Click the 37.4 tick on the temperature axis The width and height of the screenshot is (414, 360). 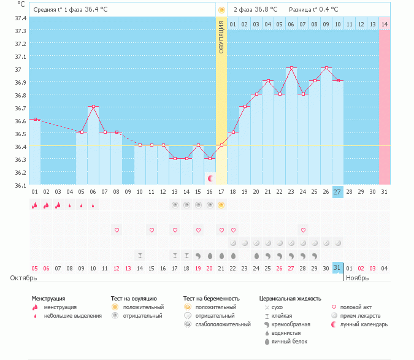click(21, 18)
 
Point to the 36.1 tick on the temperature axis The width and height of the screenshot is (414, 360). click(21, 185)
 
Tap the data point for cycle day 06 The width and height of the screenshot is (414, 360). click(94, 107)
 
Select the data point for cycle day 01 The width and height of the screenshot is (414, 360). click(35, 119)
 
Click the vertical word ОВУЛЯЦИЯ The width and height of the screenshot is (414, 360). click(221, 37)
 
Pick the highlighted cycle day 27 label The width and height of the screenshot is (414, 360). click(338, 192)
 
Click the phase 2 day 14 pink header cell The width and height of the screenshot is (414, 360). click(385, 24)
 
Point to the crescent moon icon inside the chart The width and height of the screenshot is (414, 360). click(211, 178)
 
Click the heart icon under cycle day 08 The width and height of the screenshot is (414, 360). click(117, 230)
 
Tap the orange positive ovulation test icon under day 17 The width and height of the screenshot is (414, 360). click(221, 205)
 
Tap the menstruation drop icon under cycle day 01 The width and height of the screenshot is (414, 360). click(35, 205)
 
